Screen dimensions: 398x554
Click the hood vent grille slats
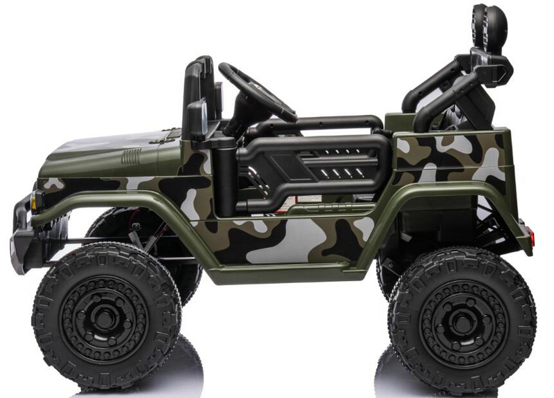(132, 156)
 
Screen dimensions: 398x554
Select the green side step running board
(298, 275)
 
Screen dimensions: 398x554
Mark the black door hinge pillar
(225, 180)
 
